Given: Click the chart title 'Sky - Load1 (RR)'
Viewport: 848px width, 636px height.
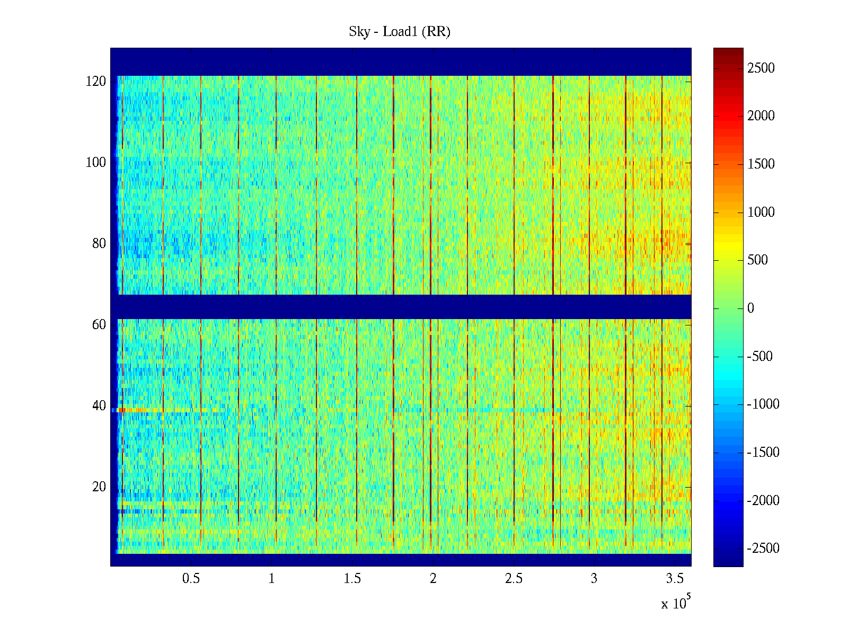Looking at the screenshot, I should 400,32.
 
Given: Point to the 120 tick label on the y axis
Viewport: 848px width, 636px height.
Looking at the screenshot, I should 96,82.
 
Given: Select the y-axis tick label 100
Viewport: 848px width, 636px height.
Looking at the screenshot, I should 96,163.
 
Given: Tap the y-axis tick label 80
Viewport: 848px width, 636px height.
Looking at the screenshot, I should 99,244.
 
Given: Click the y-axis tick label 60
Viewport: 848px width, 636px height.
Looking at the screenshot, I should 99,325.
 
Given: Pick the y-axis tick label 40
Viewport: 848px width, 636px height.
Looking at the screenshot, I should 99,406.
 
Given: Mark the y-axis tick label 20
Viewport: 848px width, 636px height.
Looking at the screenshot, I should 99,487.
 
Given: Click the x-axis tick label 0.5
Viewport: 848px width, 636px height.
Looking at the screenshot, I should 191,579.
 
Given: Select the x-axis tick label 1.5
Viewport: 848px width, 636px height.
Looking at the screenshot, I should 352,579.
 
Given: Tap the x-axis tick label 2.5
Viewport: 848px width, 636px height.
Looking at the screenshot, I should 514,579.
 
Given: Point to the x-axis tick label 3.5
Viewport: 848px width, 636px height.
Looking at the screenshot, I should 675,579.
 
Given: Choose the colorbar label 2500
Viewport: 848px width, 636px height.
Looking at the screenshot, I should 761,68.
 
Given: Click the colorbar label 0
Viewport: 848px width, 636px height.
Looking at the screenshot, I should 750,308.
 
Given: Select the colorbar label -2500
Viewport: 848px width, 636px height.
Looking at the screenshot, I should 763,549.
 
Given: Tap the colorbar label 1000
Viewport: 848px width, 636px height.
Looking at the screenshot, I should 761,212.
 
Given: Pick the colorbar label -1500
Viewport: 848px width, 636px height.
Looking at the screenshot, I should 763,453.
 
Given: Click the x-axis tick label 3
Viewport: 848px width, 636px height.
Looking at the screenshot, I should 594,579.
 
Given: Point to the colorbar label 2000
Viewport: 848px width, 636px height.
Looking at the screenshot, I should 761,116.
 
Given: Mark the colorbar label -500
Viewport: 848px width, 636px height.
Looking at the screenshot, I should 760,356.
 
